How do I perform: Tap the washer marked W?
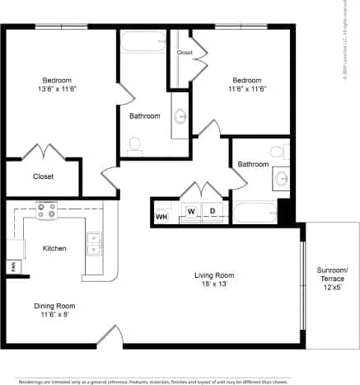click(x=190, y=212)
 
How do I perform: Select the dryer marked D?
click(x=212, y=212)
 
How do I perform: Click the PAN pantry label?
click(x=13, y=266)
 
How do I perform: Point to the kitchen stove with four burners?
click(x=46, y=211)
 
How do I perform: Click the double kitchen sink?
click(x=93, y=242)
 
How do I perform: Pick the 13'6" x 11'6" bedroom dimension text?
click(x=58, y=92)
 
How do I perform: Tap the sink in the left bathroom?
click(x=180, y=116)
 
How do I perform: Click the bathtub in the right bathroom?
click(x=254, y=214)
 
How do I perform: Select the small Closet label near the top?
click(x=185, y=53)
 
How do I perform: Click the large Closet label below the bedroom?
click(x=43, y=176)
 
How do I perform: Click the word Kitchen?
click(x=54, y=248)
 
